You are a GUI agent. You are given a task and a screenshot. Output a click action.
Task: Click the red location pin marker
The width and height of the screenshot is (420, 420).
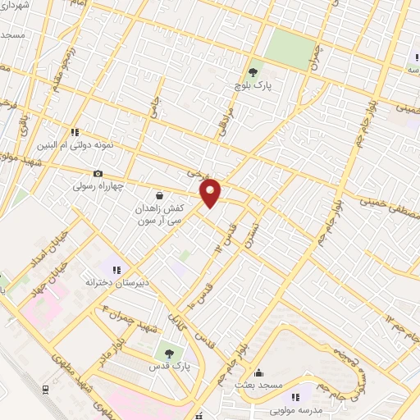211,193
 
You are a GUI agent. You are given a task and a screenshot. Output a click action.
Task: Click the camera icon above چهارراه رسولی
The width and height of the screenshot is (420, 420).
98,173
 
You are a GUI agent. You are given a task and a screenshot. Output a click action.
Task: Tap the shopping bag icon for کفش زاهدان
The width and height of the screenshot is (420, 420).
158,195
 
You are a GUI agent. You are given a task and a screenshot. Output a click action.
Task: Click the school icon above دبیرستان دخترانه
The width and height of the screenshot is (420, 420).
116,269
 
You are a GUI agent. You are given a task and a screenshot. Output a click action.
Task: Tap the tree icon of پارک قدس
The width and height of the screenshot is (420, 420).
168,353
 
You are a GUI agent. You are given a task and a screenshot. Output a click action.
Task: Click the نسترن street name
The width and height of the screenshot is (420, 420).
258,219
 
